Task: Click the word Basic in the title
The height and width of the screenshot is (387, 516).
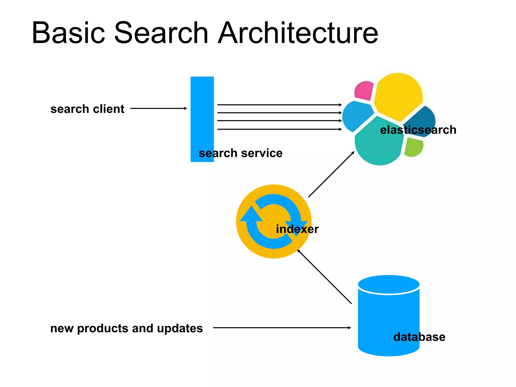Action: click(68, 33)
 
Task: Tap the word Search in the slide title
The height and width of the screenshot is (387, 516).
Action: click(161, 33)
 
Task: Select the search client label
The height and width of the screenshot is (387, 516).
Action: click(87, 109)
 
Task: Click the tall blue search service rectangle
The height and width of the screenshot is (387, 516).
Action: click(202, 113)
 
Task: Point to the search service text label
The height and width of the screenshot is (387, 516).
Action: click(240, 153)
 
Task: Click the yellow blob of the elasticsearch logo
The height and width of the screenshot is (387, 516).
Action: click(398, 96)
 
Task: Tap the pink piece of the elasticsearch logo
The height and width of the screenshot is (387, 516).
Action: click(364, 90)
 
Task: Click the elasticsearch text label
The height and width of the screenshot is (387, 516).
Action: click(418, 130)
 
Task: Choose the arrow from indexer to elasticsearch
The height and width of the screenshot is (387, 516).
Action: click(331, 174)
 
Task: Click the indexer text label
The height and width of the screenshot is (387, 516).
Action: click(297, 229)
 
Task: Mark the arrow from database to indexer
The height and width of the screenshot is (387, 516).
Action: click(325, 277)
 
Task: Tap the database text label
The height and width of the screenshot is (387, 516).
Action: click(419, 337)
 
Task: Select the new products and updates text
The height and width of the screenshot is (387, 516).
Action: click(126, 328)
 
